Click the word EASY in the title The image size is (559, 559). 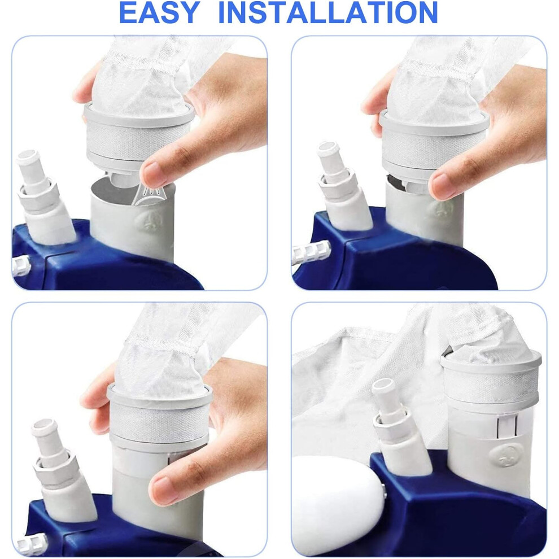click(x=159, y=12)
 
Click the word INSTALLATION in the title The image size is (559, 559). click(x=328, y=12)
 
